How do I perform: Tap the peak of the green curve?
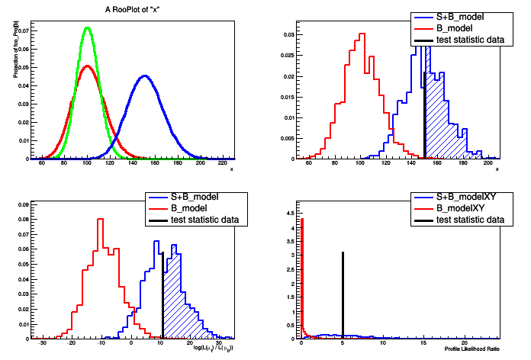pos(87,28)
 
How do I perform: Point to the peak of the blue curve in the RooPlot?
pos(143,76)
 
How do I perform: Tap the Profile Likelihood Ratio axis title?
pos(473,350)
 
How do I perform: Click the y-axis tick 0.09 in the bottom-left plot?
pos(24,205)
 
